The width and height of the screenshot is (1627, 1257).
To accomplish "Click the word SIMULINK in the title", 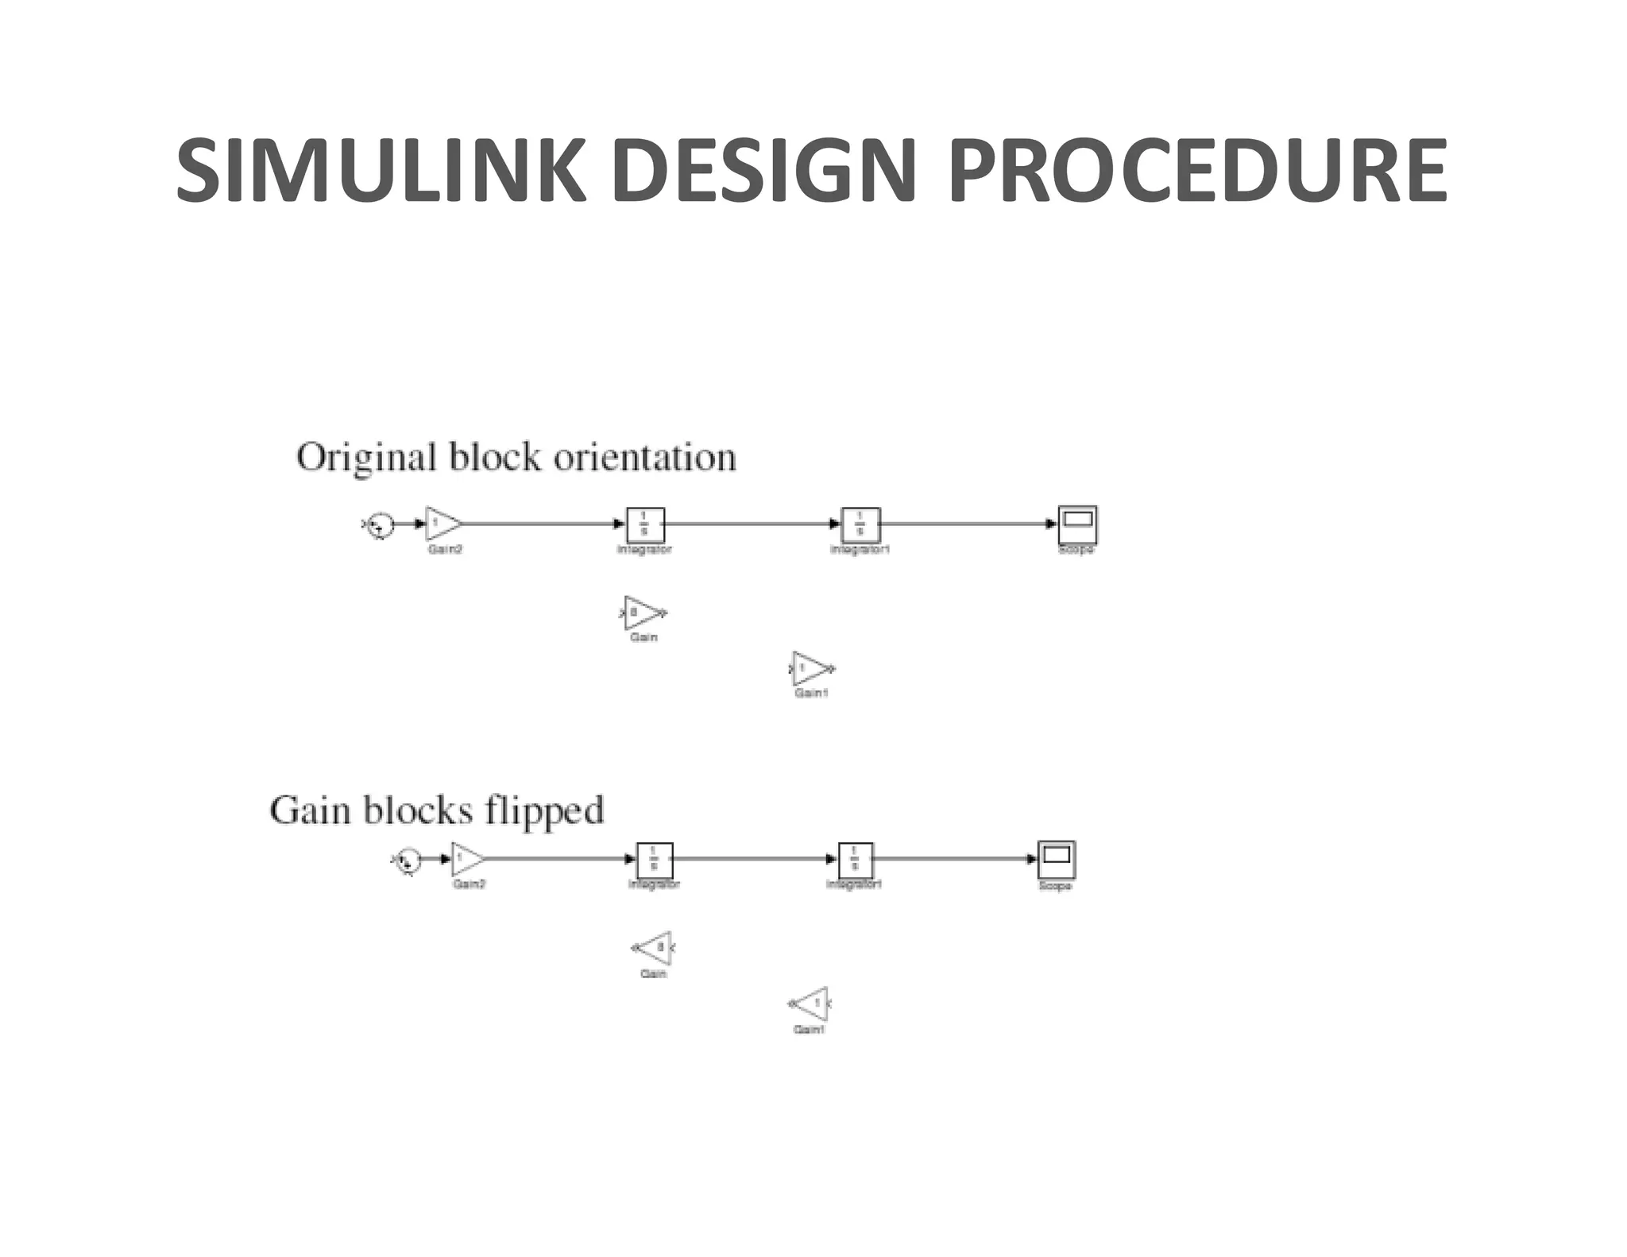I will pos(381,171).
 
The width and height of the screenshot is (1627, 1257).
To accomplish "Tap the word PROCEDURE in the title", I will pos(1197,171).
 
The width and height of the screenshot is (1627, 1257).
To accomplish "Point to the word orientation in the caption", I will pos(644,458).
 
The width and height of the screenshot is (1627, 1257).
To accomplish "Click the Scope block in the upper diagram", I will pos(1077,524).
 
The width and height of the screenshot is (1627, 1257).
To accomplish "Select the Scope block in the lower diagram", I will pos(1057,859).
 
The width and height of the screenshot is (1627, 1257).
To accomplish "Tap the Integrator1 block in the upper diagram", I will pos(860,524).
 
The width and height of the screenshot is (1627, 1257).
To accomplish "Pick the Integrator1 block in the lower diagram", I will pos(856,860).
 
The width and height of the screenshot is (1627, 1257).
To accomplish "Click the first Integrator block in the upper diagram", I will pos(645,524).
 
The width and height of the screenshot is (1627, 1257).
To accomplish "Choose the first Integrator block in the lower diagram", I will pos(655,860).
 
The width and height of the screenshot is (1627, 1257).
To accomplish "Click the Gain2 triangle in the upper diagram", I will pos(442,524).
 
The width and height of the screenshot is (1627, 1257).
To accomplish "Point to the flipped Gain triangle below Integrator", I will pos(656,948).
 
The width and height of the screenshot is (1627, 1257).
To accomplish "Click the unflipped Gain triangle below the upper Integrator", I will pos(642,613).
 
